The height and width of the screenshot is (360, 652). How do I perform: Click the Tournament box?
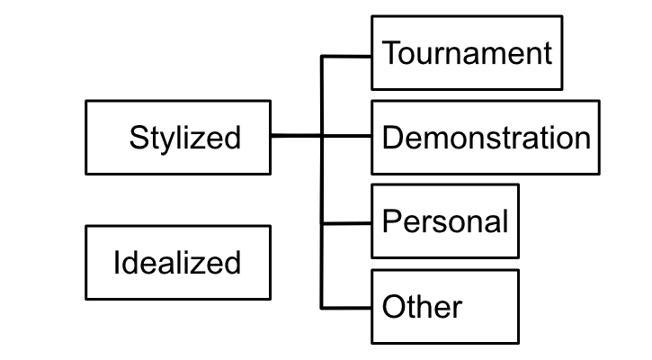[466, 53]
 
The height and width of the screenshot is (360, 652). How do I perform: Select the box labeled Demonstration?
[486, 137]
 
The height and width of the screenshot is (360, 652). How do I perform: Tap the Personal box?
[445, 221]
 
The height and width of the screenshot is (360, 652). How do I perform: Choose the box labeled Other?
[445, 306]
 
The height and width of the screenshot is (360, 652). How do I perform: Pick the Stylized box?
[178, 137]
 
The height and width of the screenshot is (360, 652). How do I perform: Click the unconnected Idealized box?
[178, 262]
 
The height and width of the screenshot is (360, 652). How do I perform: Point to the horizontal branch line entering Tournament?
[347, 56]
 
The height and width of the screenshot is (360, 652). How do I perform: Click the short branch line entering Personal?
[347, 222]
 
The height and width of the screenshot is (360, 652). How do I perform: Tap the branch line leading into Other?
[347, 307]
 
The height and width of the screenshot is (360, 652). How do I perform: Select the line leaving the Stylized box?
[295, 137]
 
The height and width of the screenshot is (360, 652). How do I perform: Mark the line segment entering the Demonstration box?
[347, 137]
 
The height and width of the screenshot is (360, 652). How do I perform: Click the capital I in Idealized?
[117, 263]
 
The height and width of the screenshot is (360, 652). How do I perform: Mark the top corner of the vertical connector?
[323, 56]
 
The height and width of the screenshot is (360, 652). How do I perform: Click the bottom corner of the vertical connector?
[323, 307]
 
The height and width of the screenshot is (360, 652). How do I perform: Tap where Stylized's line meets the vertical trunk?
[323, 137]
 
